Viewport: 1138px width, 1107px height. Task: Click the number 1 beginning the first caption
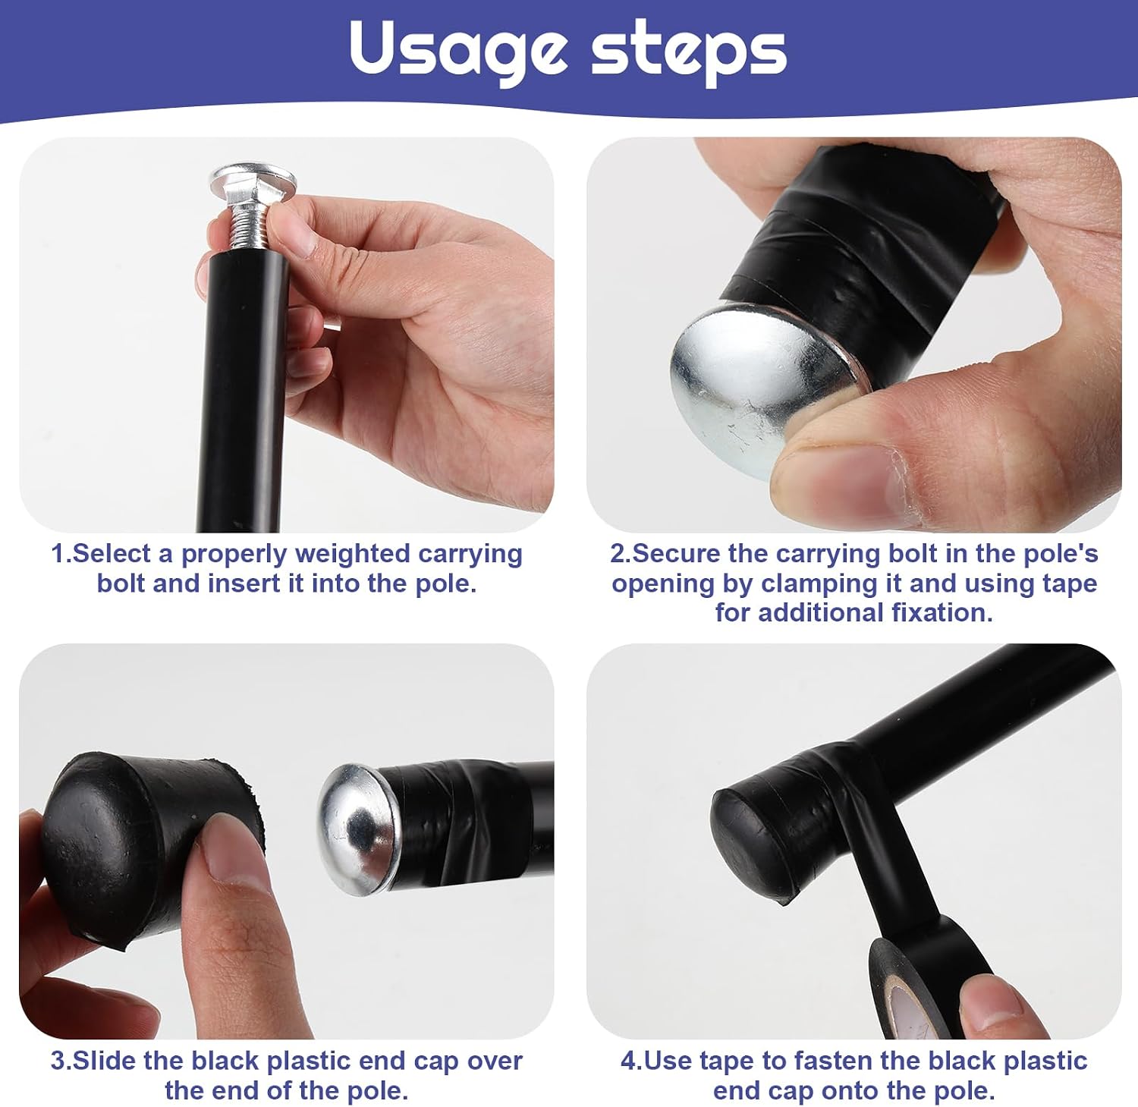click(57, 555)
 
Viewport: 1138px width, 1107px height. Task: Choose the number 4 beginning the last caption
click(627, 1061)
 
